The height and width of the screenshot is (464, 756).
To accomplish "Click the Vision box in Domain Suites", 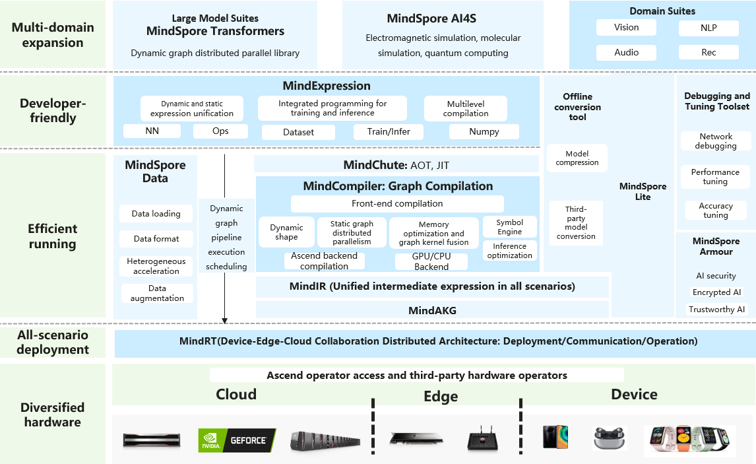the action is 626,28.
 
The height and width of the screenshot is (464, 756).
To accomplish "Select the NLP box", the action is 709,28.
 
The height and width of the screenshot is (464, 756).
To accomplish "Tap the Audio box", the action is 626,53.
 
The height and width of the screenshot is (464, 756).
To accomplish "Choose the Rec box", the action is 709,53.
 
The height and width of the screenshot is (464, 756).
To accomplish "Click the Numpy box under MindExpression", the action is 484,132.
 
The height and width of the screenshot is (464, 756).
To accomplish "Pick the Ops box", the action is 220,131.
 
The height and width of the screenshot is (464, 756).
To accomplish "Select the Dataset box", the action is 298,132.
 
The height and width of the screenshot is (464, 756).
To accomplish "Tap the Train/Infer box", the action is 388,132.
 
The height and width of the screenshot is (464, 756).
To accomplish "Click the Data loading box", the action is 156,214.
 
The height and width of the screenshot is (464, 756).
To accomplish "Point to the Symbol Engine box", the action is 510,226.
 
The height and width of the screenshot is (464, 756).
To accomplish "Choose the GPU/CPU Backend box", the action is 431,261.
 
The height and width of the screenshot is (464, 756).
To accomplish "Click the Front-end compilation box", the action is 397,203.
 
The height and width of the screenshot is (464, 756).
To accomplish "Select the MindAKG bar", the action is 432,310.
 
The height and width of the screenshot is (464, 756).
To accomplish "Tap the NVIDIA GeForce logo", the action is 237,440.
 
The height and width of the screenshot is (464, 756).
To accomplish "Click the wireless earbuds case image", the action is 609,438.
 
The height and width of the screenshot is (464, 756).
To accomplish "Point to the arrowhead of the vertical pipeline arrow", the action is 224,321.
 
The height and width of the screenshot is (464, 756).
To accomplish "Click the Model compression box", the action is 577,158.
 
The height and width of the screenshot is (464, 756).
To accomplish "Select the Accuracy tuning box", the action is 716,211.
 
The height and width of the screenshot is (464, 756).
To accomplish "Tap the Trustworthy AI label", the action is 716,309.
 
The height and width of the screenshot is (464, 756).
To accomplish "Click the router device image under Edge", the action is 482,439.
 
